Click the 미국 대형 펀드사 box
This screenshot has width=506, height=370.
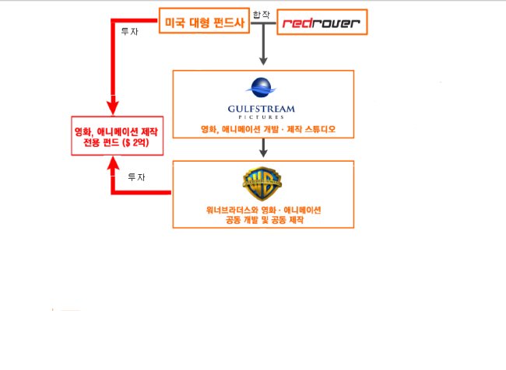[204, 21]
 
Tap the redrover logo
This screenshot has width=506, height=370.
[321, 23]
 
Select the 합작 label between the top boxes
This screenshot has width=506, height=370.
[261, 15]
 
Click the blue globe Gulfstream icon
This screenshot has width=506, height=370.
[261, 87]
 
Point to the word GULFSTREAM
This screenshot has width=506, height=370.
[261, 109]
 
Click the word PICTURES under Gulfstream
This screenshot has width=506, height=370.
[261, 117]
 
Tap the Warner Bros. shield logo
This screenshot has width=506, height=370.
[262, 183]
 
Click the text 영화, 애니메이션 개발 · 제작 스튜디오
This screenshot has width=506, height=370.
[268, 129]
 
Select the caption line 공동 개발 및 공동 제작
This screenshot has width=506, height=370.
[265, 220]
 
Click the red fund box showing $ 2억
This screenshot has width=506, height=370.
[117, 136]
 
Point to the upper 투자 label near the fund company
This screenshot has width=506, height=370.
[129, 32]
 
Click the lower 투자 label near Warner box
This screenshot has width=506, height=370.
[136, 177]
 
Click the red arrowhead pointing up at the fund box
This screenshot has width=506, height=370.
[113, 166]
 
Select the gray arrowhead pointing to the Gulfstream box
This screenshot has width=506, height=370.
[263, 61]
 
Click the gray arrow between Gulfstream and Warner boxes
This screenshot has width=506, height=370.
[263, 148]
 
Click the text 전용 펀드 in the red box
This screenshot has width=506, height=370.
[101, 142]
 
